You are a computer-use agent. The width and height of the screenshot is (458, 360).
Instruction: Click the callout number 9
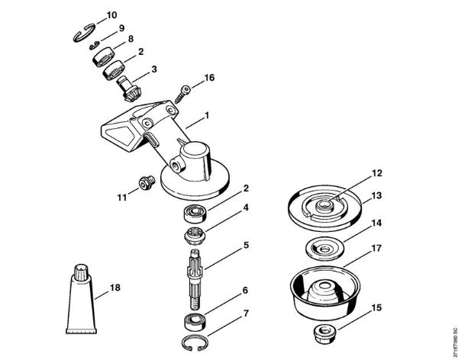tap(121, 28)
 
